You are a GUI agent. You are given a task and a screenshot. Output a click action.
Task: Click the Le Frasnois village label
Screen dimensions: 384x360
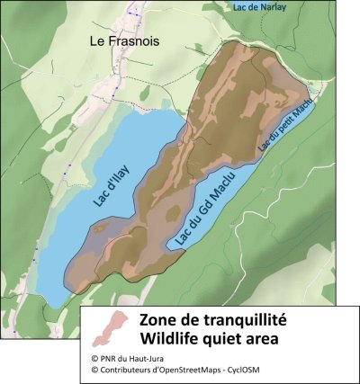[124, 41]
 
